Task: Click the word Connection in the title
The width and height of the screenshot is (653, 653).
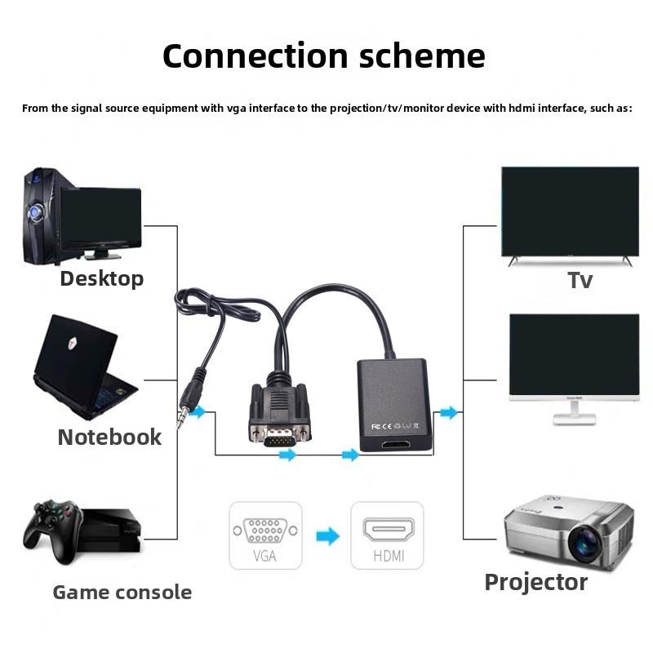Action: pos(245,56)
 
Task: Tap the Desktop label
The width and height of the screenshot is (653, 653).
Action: pos(101,278)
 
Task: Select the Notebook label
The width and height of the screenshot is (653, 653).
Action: pos(109,437)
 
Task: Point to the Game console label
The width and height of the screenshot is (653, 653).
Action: pos(122,592)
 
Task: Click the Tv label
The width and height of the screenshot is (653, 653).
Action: pos(580,280)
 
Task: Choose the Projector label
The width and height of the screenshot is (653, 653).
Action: pos(535,582)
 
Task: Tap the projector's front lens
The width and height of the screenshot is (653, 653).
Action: pos(586,544)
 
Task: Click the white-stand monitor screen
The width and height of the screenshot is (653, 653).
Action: pos(574,355)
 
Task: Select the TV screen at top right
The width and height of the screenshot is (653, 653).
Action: pos(570,211)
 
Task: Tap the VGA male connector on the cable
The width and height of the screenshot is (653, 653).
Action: pos(280,431)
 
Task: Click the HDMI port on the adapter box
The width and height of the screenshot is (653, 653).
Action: pos(396,446)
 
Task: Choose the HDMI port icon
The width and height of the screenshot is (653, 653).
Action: pos(388,531)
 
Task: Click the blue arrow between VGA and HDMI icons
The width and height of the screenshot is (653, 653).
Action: pos(327,536)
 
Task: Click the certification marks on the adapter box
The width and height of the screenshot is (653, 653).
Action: pos(394,425)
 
